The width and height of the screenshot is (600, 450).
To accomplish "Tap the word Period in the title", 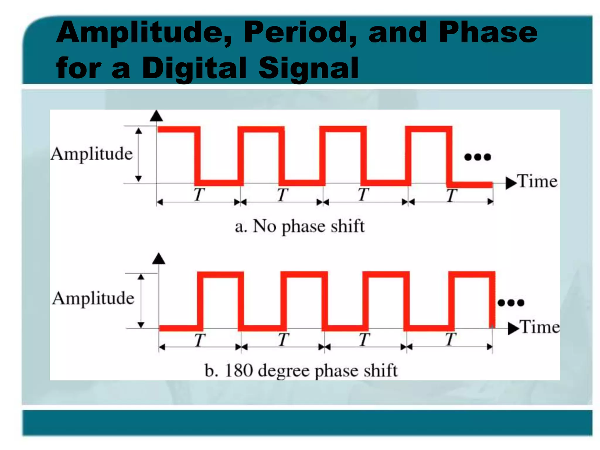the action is [300, 33].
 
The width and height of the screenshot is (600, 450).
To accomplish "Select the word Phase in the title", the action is [488, 33].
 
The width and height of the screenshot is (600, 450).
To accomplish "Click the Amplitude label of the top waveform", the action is [92, 154].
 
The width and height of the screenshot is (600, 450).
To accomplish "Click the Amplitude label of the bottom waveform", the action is [93, 299].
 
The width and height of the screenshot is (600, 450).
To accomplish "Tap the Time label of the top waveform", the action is [537, 181].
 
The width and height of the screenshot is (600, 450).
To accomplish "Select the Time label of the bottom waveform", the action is [540, 327].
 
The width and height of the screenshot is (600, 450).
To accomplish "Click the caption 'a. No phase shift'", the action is [300, 226].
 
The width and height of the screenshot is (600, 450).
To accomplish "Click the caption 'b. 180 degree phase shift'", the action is [301, 371].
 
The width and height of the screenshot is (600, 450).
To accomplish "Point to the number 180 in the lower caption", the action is [239, 370].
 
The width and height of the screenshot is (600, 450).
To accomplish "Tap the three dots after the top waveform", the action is [478, 157].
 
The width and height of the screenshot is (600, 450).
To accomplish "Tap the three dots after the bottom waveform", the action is [511, 303].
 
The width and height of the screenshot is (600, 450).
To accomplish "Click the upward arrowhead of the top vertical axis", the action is [156, 116].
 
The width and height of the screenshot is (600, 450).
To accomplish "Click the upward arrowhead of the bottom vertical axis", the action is [159, 259].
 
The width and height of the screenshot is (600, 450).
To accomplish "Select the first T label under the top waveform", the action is [199, 195].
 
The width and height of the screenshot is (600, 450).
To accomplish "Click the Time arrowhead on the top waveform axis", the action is [511, 183].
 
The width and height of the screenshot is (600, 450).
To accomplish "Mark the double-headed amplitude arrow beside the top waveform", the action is [139, 155].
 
